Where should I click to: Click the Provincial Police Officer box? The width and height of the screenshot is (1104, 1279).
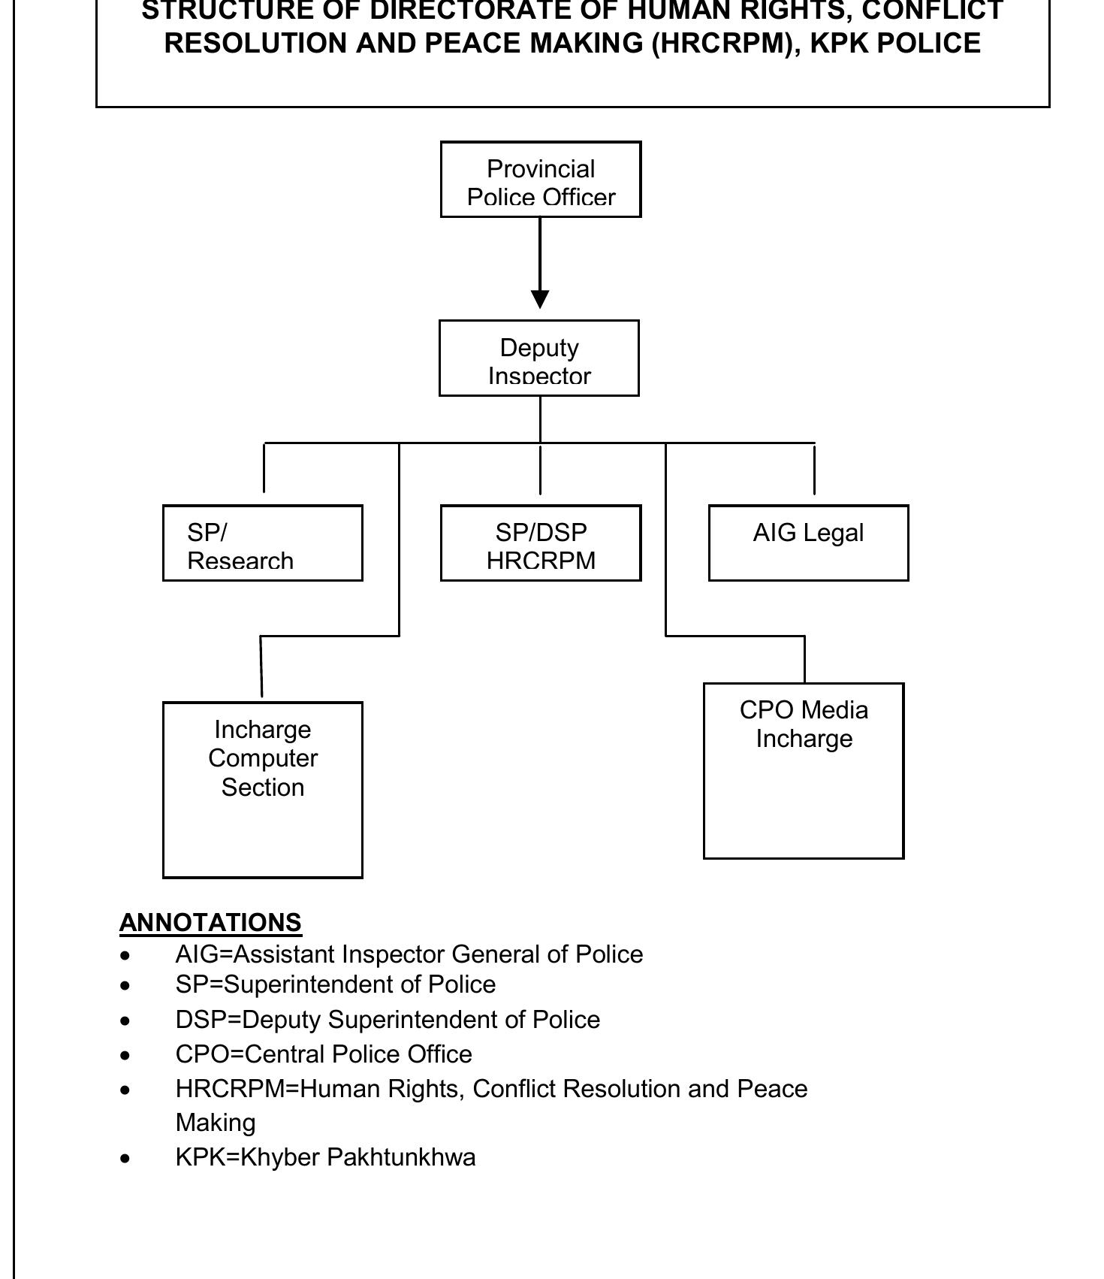(x=541, y=180)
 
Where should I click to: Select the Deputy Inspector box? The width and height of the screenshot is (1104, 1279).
(x=539, y=358)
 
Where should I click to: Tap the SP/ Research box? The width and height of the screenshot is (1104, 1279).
(x=262, y=543)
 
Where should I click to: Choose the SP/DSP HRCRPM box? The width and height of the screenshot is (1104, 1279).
(x=541, y=543)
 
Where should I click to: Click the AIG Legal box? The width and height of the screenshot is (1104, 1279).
(x=808, y=543)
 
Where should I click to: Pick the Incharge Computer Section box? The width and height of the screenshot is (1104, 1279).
(x=262, y=790)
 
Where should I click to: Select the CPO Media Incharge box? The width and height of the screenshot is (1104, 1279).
(x=804, y=771)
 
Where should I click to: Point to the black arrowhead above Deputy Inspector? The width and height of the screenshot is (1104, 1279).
(x=540, y=299)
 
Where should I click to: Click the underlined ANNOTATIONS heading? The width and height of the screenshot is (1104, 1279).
(x=210, y=923)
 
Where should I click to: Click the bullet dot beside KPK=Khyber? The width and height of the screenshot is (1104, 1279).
(x=125, y=1159)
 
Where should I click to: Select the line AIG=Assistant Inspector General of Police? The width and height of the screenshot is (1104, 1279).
(x=409, y=954)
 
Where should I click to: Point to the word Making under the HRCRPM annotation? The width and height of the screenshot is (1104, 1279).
(x=216, y=1123)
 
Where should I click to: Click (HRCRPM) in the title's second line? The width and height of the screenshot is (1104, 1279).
(x=719, y=44)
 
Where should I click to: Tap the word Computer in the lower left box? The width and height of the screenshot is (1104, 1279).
(x=263, y=758)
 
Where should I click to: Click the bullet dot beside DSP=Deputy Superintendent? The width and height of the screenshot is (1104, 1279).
(x=125, y=1021)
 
